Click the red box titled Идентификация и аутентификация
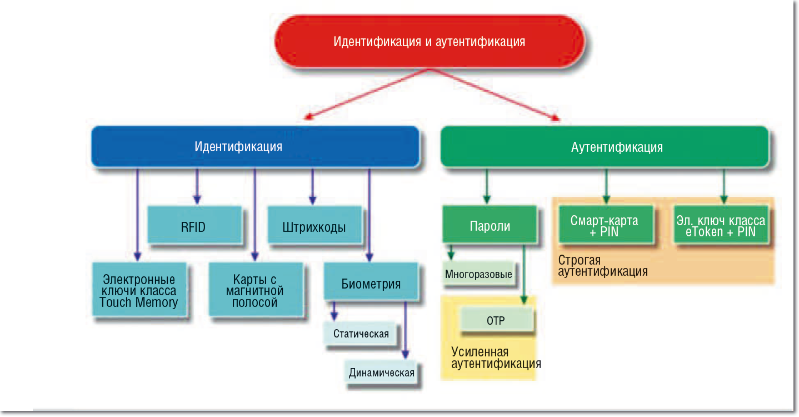pyautogui.click(x=430, y=41)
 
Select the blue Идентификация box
pyautogui.click(x=256, y=146)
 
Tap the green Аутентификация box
pyautogui.click(x=605, y=146)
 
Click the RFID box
pyautogui.click(x=194, y=225)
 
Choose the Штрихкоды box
pyautogui.click(x=314, y=225)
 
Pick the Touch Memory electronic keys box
pyautogui.click(x=139, y=290)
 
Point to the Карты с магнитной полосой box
pyautogui.click(x=256, y=290)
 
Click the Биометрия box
pyautogui.click(x=371, y=282)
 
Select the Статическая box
pyautogui.click(x=360, y=334)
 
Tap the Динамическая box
pyautogui.click(x=381, y=373)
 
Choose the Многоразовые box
pyautogui.click(x=479, y=274)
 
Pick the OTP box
pyautogui.click(x=497, y=320)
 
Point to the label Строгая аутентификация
pyautogui.click(x=603, y=266)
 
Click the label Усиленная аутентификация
pyautogui.click(x=496, y=358)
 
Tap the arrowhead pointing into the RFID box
pyautogui.click(x=197, y=199)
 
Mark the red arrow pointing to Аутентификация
pyautogui.click(x=494, y=95)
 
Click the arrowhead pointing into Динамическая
pyautogui.click(x=405, y=354)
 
